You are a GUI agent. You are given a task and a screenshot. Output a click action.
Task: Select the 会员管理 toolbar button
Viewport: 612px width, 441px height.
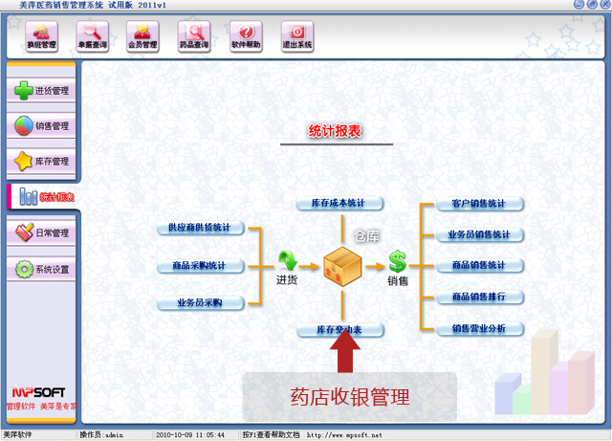pos(143,36)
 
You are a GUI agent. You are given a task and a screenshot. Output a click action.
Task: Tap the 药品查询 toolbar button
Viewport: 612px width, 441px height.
pos(194,36)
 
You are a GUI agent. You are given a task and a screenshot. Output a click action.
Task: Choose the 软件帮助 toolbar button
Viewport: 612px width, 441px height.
pos(246,36)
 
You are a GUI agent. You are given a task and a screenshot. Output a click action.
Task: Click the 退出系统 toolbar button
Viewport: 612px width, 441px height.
pos(297,36)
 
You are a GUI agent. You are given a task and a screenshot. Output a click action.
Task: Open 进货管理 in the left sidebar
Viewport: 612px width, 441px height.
pos(41,91)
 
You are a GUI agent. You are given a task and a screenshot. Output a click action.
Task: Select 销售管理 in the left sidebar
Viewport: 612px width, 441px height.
pos(41,125)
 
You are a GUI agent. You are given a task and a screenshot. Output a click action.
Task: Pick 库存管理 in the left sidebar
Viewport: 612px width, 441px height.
pos(41,161)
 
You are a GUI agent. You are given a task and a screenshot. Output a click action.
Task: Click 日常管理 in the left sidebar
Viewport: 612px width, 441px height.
pos(41,232)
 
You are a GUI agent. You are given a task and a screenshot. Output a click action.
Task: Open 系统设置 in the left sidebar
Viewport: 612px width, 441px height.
pos(41,269)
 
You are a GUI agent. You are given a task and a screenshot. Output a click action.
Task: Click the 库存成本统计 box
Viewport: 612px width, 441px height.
pos(339,204)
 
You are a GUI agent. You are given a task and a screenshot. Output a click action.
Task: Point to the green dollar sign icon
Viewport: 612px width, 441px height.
pos(397,261)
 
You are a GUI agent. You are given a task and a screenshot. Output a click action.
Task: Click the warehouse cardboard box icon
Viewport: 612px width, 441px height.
pos(342,266)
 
